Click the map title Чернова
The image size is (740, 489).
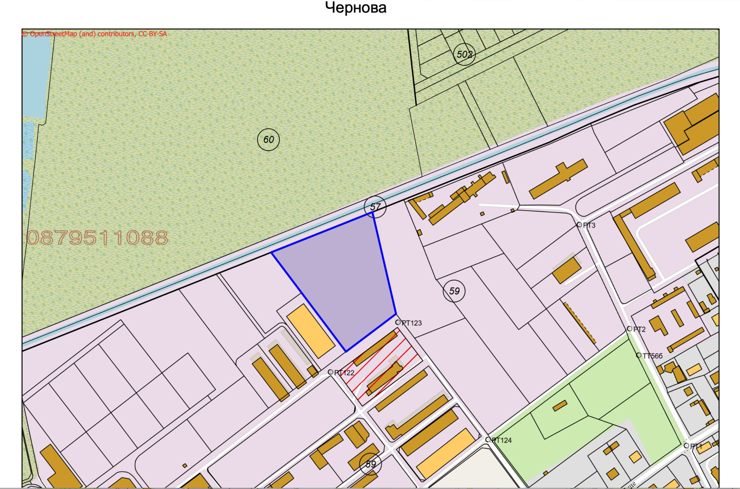[356, 8]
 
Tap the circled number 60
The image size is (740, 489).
[269, 139]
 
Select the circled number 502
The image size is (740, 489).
[464, 54]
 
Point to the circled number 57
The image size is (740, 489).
[375, 207]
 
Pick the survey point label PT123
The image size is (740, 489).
[411, 323]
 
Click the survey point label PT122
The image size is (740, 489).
[344, 372]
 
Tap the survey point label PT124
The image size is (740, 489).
[501, 440]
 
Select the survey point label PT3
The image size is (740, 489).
[589, 225]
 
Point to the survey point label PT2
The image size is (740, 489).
[639, 329]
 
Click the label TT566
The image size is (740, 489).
[652, 356]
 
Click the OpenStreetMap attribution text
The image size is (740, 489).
[95, 34]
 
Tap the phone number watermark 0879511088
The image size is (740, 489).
[97, 238]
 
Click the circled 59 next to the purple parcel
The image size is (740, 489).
[454, 291]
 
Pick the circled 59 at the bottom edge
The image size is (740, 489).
[371, 464]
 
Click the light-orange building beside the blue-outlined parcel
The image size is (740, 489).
[310, 330]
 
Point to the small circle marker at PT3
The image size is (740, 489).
[579, 225]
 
